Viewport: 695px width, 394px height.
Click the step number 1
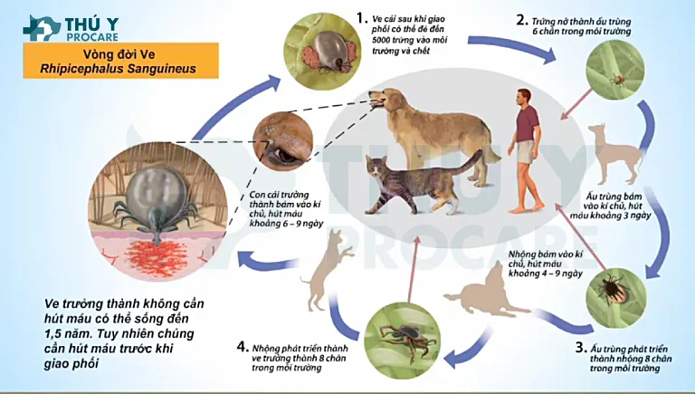(x=362, y=18)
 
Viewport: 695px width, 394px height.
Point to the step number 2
(x=521, y=20)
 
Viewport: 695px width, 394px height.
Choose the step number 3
(x=581, y=348)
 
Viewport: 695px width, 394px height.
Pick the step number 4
(x=242, y=347)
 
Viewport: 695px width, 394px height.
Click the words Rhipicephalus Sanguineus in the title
(x=118, y=69)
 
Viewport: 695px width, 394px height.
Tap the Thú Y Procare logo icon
(x=42, y=29)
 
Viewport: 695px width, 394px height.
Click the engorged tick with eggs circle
(x=321, y=52)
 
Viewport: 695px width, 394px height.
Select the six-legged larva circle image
(x=615, y=70)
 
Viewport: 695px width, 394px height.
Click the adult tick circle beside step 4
(x=402, y=341)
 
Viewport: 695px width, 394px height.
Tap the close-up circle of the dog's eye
(x=282, y=142)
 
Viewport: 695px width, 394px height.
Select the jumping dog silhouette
(x=327, y=270)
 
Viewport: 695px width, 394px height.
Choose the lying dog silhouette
(x=488, y=291)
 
